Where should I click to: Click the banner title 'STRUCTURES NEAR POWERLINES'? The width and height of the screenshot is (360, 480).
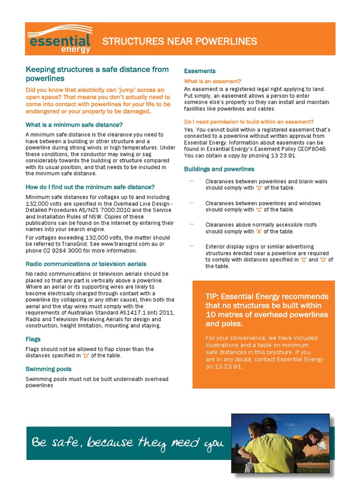pyautogui.click(x=180, y=42)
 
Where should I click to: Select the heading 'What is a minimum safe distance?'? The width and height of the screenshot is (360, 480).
pyautogui.click(x=74, y=125)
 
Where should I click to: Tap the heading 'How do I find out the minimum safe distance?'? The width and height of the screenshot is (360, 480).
pyautogui.click(x=90, y=187)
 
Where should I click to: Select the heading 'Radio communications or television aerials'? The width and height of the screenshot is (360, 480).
pyautogui.click(x=86, y=264)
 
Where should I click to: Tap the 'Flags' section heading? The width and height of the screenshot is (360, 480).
pyautogui.click(x=33, y=339)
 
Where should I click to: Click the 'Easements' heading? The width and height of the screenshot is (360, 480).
pyautogui.click(x=200, y=71)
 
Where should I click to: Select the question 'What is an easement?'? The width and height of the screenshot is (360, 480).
pyautogui.click(x=212, y=81)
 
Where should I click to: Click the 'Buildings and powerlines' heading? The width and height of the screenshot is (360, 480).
pyautogui.click(x=219, y=169)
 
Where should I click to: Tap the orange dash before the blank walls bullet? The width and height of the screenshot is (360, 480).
pyautogui.click(x=191, y=181)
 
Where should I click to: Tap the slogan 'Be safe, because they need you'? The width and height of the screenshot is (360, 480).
pyautogui.click(x=127, y=442)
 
